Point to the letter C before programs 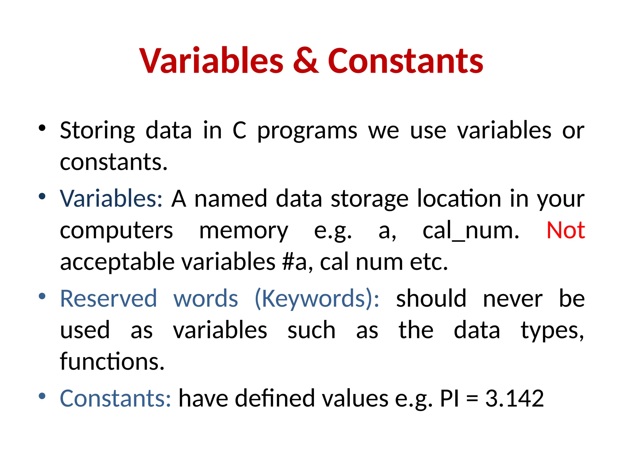click(x=239, y=131)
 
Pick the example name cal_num click(x=471, y=230)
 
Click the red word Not click(x=566, y=230)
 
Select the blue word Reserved click(x=109, y=299)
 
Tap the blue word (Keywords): click(x=317, y=299)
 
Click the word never click(x=513, y=299)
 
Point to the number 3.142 click(x=514, y=398)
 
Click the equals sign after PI click(x=472, y=399)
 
